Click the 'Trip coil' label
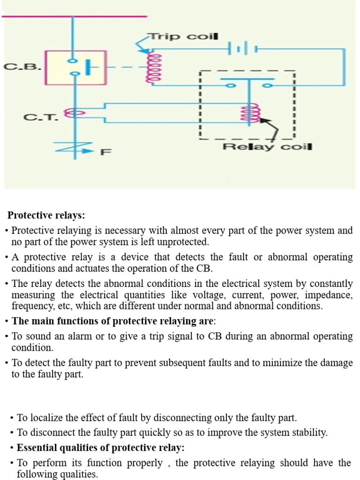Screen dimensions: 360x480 (x=184, y=37)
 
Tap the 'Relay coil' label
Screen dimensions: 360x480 (x=267, y=147)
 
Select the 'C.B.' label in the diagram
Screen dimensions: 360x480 (x=22, y=67)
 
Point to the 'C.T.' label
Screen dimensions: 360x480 (x=41, y=117)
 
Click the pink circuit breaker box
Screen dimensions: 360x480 (x=76, y=67)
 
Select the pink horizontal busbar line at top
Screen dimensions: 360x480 (x=75, y=16)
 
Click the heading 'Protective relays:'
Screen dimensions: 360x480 (x=46, y=215)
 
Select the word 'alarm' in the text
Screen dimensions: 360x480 (x=80, y=336)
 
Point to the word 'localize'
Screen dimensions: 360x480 (x=47, y=418)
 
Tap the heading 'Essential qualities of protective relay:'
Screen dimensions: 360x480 (x=101, y=448)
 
